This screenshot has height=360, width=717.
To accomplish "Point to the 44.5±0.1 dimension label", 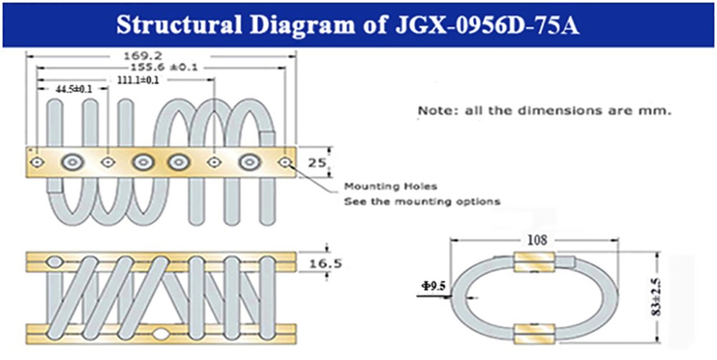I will pos(74,90).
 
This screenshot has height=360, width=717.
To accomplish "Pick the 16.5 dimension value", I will pos(325,264).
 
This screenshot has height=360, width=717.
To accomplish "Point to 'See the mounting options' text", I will pos(422,202).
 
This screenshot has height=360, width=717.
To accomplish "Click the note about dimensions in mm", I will pos(545,111).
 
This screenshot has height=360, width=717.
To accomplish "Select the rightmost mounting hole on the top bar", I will pos(286,161).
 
